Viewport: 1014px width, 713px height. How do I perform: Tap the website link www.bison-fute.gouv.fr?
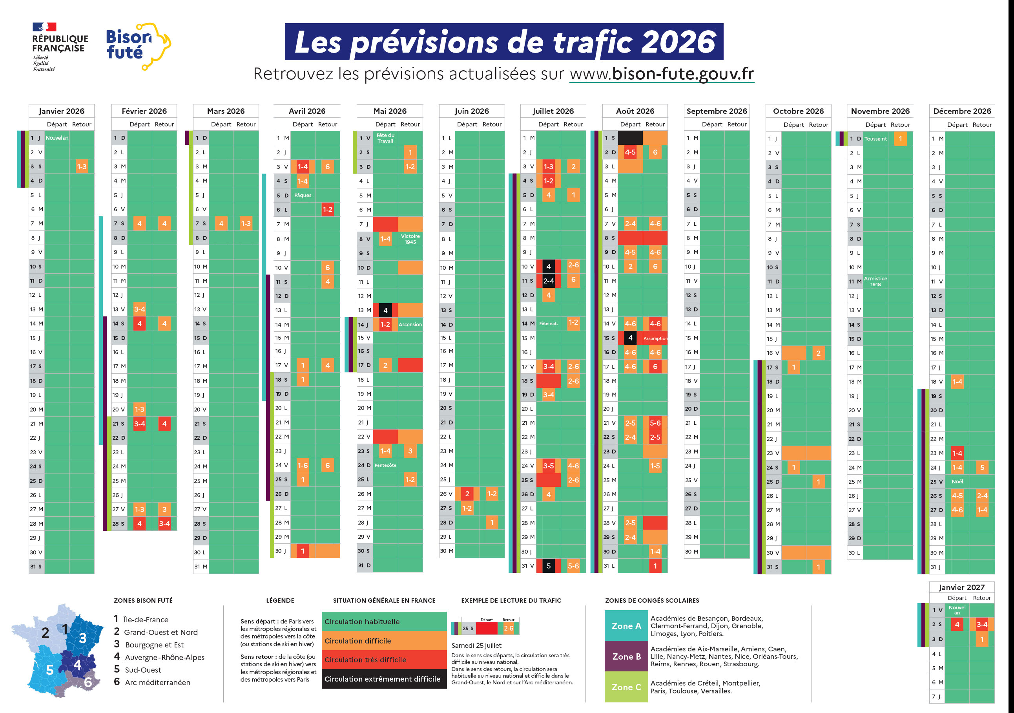point(661,74)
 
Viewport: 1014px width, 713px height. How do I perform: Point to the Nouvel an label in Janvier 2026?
point(57,138)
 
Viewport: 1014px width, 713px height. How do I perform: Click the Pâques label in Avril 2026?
point(303,195)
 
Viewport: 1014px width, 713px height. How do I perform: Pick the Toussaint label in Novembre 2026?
point(875,139)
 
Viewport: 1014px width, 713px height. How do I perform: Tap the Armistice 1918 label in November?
point(875,282)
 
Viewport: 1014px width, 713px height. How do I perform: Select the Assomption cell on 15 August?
point(655,338)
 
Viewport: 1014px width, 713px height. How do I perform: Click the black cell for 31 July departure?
point(548,566)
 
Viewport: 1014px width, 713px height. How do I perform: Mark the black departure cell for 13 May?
point(385,310)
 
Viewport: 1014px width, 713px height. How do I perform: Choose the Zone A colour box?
point(626,625)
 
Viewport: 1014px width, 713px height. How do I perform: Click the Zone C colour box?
point(626,687)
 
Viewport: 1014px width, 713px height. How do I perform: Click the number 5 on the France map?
point(50,670)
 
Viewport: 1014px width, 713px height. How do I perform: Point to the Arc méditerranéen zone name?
point(157,682)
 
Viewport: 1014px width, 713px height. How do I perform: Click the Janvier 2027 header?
point(961,587)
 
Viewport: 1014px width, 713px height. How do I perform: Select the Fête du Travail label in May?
point(385,138)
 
